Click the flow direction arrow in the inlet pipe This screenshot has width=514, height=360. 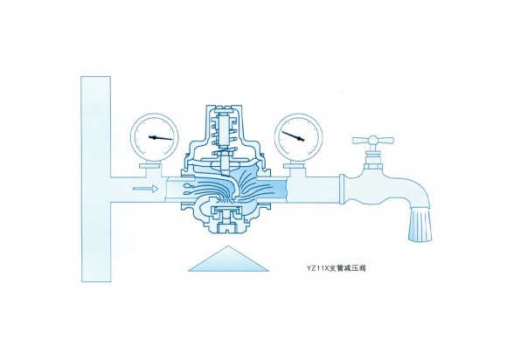(145, 189)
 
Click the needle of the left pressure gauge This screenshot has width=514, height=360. (161, 138)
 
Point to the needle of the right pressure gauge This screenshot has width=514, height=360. (294, 136)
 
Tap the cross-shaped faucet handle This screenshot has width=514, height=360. (372, 141)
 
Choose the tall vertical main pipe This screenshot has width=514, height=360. (96, 179)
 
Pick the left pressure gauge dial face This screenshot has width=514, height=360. (155, 137)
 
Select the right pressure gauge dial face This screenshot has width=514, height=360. (297, 137)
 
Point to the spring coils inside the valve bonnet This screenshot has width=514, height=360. (224, 132)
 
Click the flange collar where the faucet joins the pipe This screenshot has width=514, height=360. (342, 190)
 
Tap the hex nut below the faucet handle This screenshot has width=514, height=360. (374, 166)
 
